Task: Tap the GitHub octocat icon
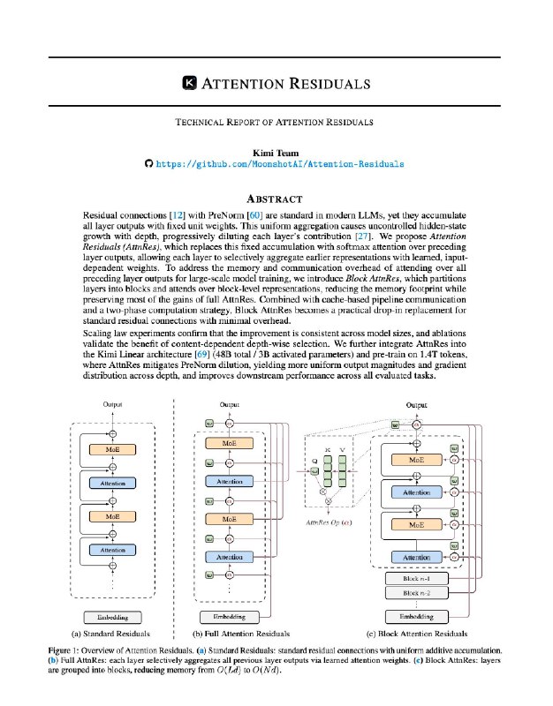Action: [x=149, y=164]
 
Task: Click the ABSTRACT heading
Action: [x=276, y=199]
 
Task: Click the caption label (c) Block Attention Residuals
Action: [x=416, y=633]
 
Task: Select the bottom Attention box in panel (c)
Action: [x=416, y=558]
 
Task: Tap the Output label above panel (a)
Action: [x=112, y=405]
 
